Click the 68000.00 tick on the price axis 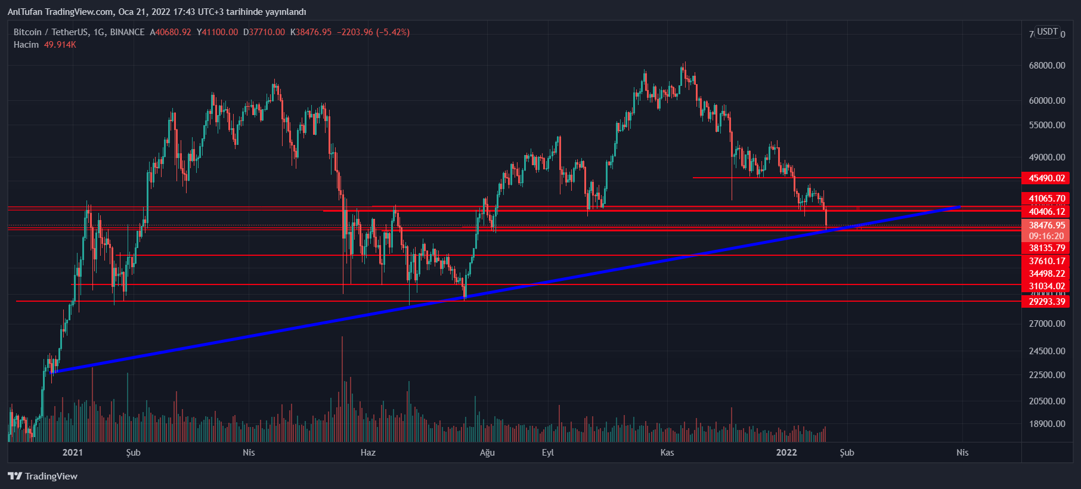pos(1046,66)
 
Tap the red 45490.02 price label pos(1046,178)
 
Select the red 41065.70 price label pos(1046,199)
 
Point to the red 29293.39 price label pos(1046,302)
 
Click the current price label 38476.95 pos(1046,225)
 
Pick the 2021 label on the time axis pos(73,453)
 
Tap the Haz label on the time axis pos(368,453)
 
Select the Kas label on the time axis pos(667,453)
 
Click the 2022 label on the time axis pos(786,453)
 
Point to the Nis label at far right pos(962,453)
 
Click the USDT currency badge pos(1047,32)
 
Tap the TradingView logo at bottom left pos(43,476)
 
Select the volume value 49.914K pos(60,45)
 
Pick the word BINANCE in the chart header pos(127,32)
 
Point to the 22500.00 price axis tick pos(1046,375)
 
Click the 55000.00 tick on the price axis pos(1046,125)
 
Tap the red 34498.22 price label pos(1046,274)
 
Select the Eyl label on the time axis pos(547,453)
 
